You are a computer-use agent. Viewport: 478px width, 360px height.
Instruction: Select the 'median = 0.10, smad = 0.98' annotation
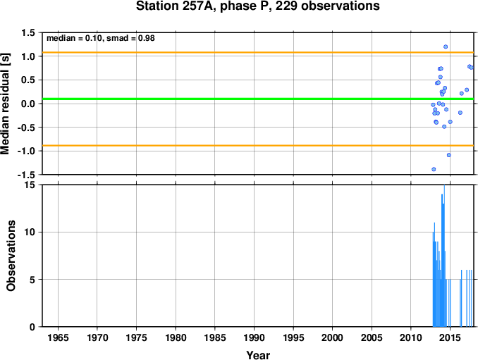tap(101, 38)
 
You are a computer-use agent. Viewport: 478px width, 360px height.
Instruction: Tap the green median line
tap(258, 99)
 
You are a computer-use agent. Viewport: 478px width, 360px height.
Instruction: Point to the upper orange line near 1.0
tap(258, 53)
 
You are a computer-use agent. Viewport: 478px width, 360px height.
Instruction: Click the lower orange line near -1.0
tap(258, 146)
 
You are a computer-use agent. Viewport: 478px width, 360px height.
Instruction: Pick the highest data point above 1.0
tap(446, 46)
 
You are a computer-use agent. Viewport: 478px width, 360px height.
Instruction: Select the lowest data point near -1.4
tap(434, 169)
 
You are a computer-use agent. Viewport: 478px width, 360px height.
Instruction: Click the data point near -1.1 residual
tap(448, 155)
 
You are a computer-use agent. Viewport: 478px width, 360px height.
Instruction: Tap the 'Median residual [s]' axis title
tap(6, 104)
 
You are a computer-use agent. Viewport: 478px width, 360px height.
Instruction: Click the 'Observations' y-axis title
tap(11, 256)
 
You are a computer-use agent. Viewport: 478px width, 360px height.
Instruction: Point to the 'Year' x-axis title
tap(258, 355)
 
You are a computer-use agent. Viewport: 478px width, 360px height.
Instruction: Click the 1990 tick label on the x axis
tap(254, 337)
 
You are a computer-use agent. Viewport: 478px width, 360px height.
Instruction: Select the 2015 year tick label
tap(451, 337)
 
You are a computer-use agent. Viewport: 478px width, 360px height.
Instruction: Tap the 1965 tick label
tap(58, 337)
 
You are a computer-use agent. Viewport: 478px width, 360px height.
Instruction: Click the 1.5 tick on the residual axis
tap(28, 32)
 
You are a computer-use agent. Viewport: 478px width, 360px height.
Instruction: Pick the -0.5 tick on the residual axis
tap(26, 128)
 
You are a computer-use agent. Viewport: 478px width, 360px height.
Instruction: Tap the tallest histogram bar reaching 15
tap(444, 256)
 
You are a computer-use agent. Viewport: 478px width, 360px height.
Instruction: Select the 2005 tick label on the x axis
tap(372, 337)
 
